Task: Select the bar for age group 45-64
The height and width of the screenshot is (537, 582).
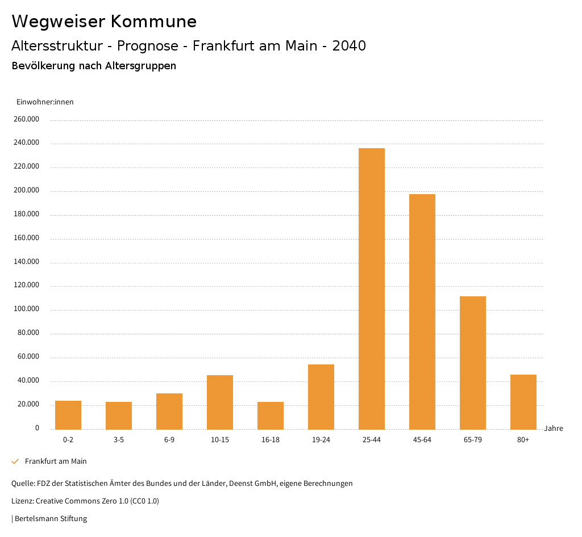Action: [x=422, y=312]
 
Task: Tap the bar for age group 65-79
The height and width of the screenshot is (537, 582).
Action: [x=473, y=363]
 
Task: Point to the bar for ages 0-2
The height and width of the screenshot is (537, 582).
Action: [x=68, y=415]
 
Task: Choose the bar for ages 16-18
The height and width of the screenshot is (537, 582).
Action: [x=271, y=416]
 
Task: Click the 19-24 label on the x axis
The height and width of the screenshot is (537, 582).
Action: [x=321, y=440]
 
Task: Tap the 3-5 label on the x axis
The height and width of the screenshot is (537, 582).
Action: [x=119, y=440]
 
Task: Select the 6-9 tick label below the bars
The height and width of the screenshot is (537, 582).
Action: [x=169, y=440]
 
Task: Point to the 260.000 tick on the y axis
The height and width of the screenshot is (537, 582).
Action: [x=27, y=119]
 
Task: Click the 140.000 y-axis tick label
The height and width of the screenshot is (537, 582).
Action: [x=27, y=262]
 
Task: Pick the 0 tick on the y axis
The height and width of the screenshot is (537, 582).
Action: [x=37, y=428]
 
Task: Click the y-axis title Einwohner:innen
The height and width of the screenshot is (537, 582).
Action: [x=45, y=102]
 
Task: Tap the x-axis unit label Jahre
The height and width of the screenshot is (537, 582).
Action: [x=554, y=429]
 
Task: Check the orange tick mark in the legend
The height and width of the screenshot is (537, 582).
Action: [x=15, y=462]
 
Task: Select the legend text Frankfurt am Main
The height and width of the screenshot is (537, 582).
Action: [x=56, y=462]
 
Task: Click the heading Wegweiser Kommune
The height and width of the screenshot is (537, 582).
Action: [x=104, y=22]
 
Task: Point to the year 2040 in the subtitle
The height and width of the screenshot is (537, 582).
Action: [x=349, y=46]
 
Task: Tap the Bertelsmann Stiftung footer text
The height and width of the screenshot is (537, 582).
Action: [x=51, y=518]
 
